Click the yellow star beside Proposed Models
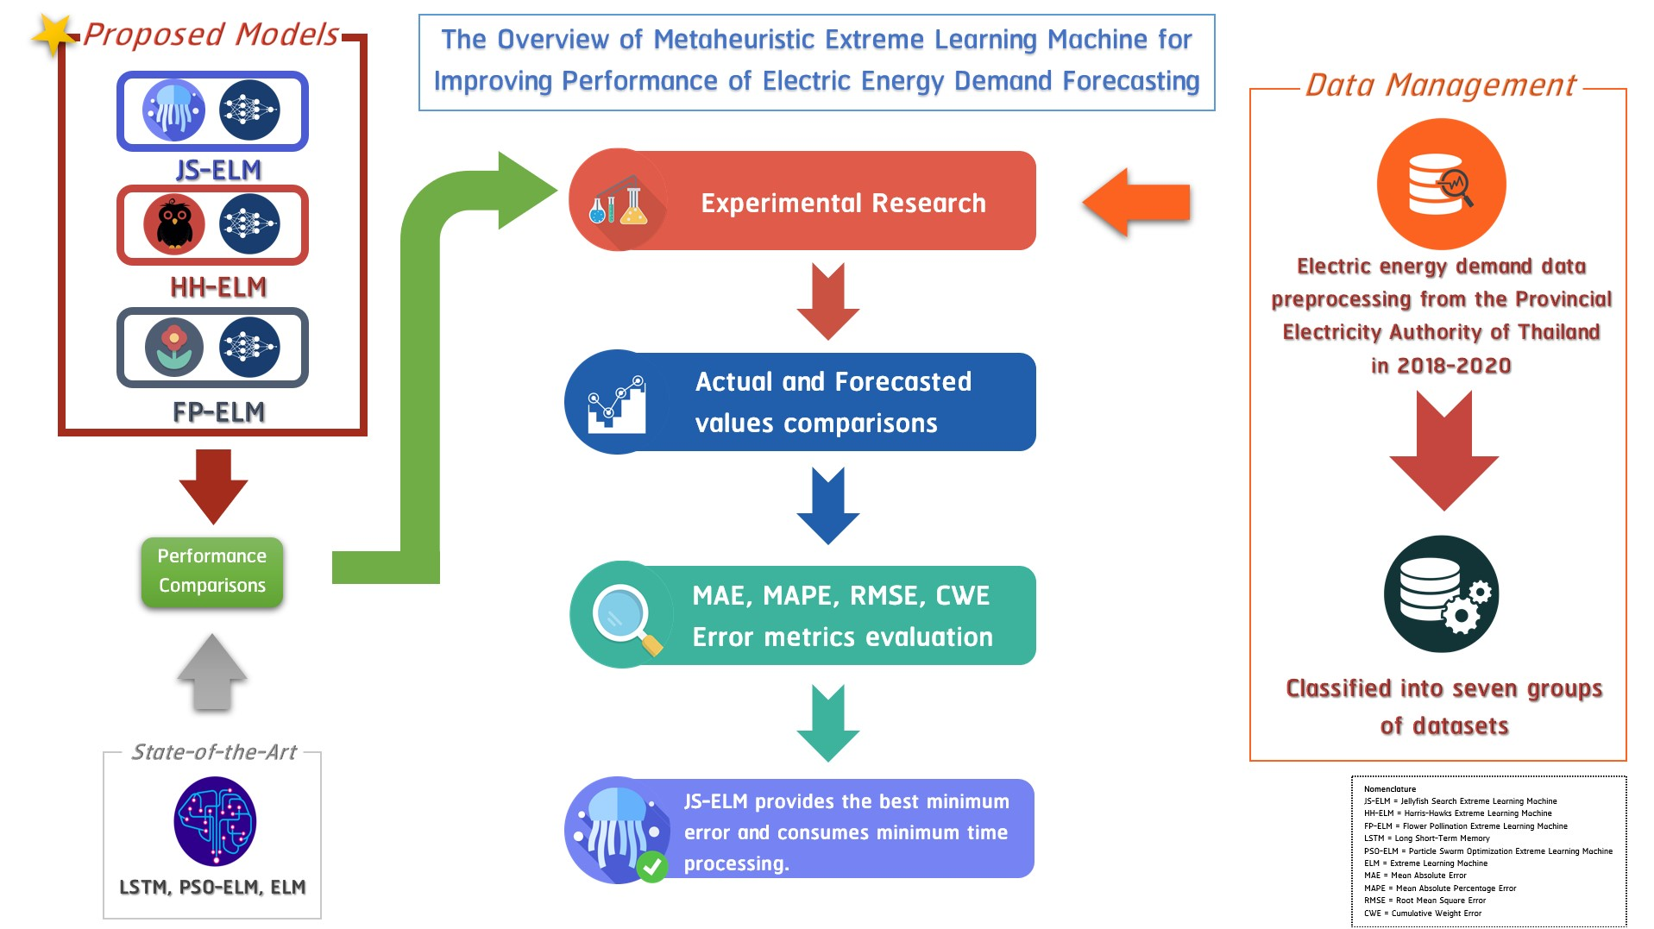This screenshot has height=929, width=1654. click(x=53, y=35)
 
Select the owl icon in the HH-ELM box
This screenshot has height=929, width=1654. click(x=174, y=224)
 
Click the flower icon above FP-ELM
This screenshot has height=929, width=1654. click(x=174, y=347)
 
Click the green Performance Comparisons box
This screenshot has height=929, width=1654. click(x=212, y=571)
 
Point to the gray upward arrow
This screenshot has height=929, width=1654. click(x=212, y=673)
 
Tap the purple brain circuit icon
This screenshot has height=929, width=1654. click(x=215, y=821)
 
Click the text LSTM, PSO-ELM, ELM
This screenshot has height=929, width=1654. click(x=212, y=887)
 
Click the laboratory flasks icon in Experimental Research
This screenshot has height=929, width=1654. click(x=618, y=204)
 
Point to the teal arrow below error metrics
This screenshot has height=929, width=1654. click(x=827, y=723)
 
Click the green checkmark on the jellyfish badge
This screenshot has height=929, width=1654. click(x=652, y=866)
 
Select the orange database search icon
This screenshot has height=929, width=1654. click(x=1441, y=184)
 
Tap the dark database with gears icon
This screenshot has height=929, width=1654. click(x=1441, y=594)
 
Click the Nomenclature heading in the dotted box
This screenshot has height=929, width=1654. click(x=1389, y=788)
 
